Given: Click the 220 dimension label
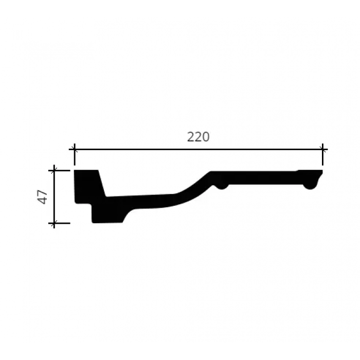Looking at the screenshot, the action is [x=199, y=137].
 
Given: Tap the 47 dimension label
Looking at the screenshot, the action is [x=43, y=197].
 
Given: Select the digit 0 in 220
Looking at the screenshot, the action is [x=206, y=137].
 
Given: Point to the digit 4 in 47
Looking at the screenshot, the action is [x=43, y=201].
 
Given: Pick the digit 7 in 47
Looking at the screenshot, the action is [x=43, y=193].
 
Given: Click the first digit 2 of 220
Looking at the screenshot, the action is [x=191, y=137].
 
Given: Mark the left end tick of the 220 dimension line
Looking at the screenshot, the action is [x=75, y=149].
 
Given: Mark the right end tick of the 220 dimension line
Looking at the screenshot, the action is [x=322, y=149].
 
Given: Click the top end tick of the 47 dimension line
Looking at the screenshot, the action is [x=54, y=171].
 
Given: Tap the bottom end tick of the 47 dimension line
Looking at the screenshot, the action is [x=54, y=223].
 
